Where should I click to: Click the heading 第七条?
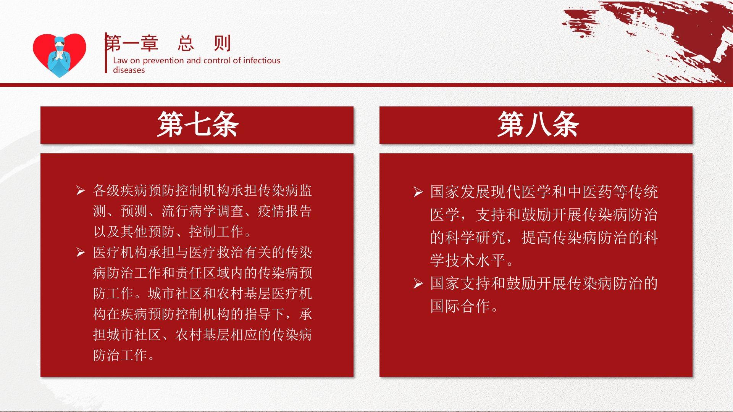click(198, 125)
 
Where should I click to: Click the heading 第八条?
click(538, 125)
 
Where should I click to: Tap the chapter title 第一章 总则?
click(168, 43)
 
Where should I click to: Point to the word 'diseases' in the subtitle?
click(129, 70)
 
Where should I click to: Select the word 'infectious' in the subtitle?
click(262, 60)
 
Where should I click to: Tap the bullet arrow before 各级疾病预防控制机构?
click(80, 190)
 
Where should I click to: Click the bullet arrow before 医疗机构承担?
click(80, 252)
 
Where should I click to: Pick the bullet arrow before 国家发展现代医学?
click(418, 192)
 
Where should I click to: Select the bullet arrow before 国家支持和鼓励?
click(418, 283)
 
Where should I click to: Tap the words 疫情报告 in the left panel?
click(285, 211)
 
